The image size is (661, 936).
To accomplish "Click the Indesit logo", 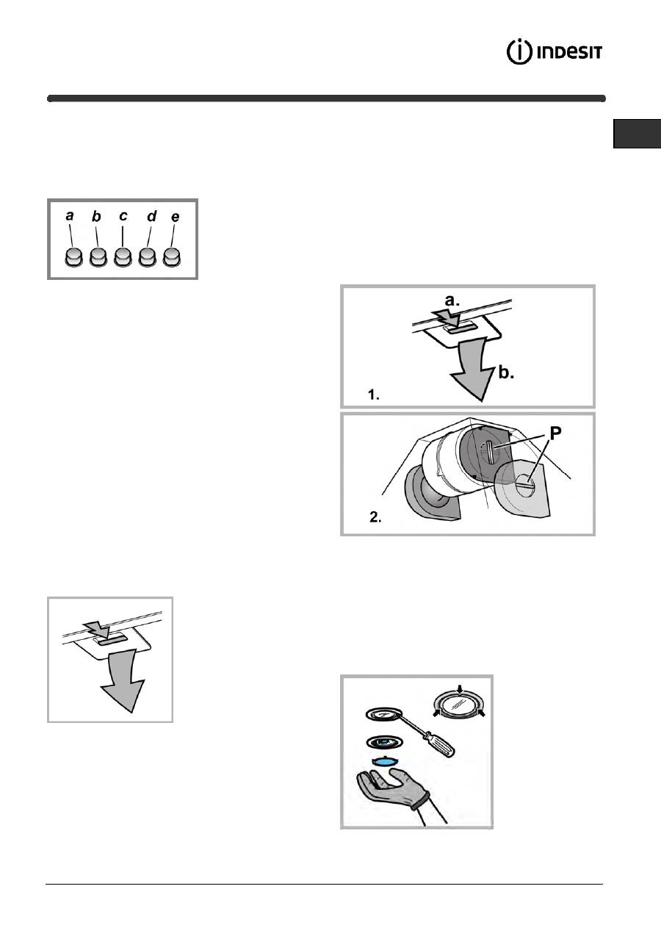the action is (x=554, y=52).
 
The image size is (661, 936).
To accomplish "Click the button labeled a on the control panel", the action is (x=73, y=257).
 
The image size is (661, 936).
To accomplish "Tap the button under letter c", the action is (x=123, y=257).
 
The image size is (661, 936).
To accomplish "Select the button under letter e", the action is (x=172, y=257).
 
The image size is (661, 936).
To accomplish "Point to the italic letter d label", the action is (x=152, y=216).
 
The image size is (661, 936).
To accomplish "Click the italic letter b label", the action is (x=96, y=216).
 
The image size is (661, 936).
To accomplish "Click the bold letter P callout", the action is (x=555, y=433).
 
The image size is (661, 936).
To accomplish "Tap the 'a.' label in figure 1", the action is (x=452, y=300).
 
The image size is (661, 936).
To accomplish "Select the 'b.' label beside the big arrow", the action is (x=506, y=372).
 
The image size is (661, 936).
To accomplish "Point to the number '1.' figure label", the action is (x=374, y=395).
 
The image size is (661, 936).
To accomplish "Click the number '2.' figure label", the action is (x=375, y=517).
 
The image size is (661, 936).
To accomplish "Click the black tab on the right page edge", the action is (x=637, y=134).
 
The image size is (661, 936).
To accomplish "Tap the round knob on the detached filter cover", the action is (x=526, y=484).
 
